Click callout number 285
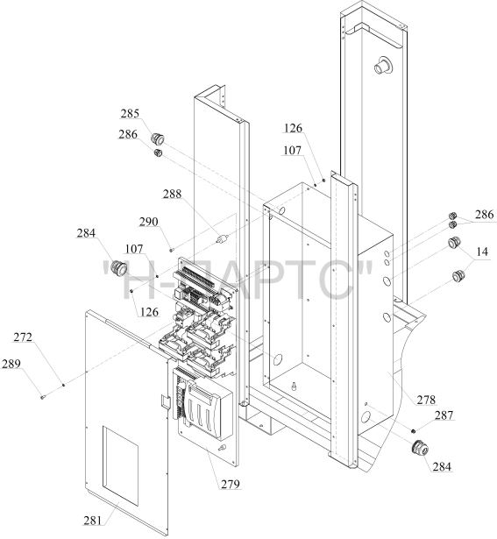pos(130,113)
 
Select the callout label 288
pos(172,195)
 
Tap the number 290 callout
pos(148,222)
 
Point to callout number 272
pos(23,337)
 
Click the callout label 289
pos(11,364)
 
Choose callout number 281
pos(93,521)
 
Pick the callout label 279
pos(230,485)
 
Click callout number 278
pos(426,400)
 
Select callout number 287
pos(444,415)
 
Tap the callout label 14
pos(482,252)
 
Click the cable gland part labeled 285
pos(158,138)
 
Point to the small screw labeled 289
pos(42,397)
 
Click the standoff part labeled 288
pos(223,238)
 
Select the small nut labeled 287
pos(413,430)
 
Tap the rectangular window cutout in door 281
pos(121,466)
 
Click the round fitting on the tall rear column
pos(383,65)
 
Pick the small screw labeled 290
pos(171,250)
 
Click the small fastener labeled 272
pos(64,385)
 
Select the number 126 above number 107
pos(293,128)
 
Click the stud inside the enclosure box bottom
pos(294,386)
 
